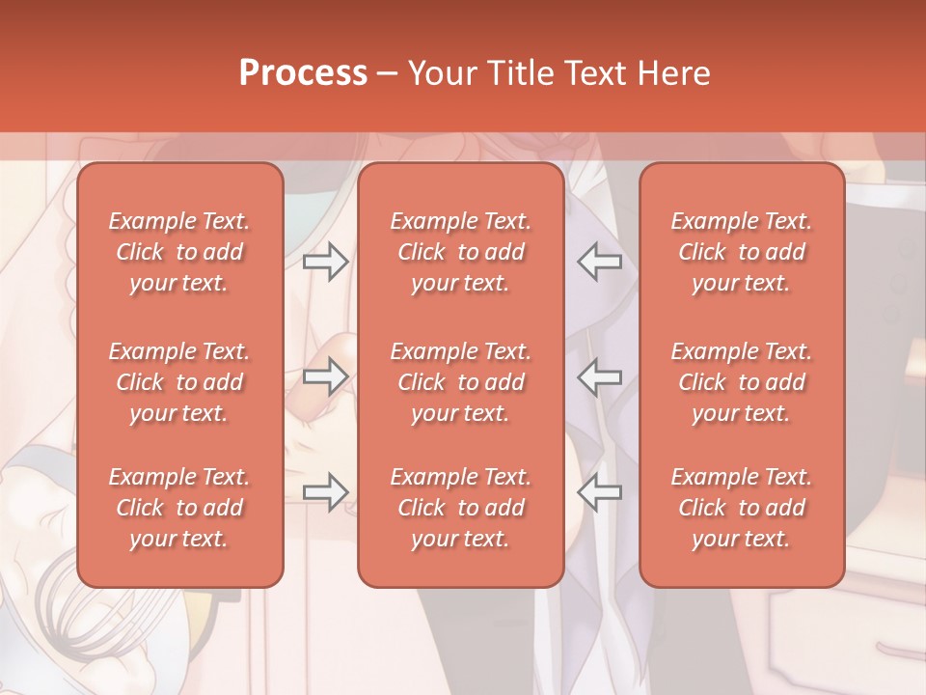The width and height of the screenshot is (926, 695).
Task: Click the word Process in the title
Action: point(303,73)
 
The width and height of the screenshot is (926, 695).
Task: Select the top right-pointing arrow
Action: point(325,261)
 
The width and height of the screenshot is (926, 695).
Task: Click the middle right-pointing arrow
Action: point(325,376)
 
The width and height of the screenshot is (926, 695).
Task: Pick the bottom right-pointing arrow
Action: point(325,491)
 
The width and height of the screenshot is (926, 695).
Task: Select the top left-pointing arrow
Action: point(599,261)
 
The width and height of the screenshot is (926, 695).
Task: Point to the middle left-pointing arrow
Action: point(599,376)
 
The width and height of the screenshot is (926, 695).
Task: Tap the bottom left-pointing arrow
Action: point(599,491)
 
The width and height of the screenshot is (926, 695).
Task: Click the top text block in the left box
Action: point(179,252)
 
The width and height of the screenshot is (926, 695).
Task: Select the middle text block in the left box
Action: point(179,382)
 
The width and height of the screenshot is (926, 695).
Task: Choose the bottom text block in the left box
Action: point(179,508)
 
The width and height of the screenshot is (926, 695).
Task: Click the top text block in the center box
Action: point(460,252)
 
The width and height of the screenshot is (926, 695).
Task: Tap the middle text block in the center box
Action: point(460,382)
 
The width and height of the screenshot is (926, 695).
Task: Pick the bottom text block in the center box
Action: point(460,508)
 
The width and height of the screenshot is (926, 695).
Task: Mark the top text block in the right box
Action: point(741,252)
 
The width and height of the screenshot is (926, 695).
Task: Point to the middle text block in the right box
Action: point(741,382)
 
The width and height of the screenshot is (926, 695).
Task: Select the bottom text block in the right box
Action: point(741,508)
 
